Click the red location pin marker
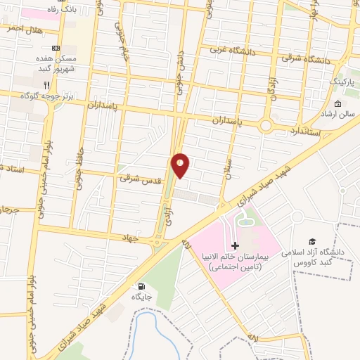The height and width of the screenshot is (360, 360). [x=181, y=164]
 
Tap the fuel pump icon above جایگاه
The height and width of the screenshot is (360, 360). [x=143, y=286]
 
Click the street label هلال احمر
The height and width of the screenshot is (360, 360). [x=25, y=29]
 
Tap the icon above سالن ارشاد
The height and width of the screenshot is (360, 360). [x=338, y=105]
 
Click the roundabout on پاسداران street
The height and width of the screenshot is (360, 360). [x=266, y=125]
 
